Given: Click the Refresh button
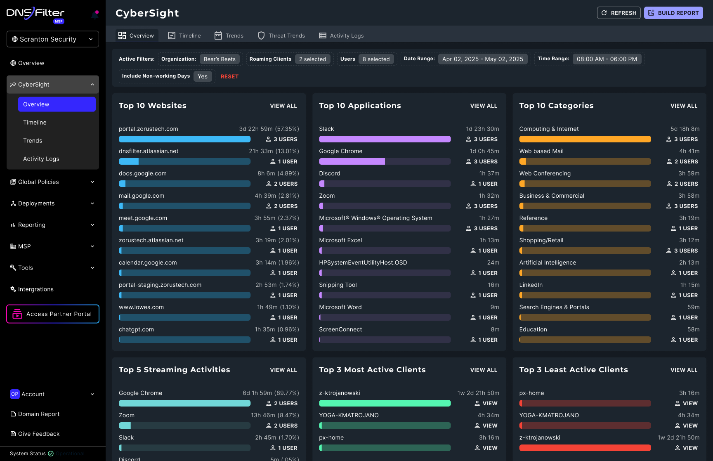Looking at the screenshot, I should pyautogui.click(x=619, y=13).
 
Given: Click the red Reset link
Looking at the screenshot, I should pyautogui.click(x=229, y=76).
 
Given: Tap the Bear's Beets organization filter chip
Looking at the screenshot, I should pyautogui.click(x=220, y=59).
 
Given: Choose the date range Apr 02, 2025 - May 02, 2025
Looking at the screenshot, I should pyautogui.click(x=482, y=59).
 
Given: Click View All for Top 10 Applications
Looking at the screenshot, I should pyautogui.click(x=484, y=106).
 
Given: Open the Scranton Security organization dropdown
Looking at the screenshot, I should pyautogui.click(x=53, y=39).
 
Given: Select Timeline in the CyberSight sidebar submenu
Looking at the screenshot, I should pyautogui.click(x=35, y=123).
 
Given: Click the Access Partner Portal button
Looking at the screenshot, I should pyautogui.click(x=53, y=314).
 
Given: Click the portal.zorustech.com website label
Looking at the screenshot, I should pyautogui.click(x=149, y=129).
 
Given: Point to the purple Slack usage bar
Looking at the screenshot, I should pyautogui.click(x=385, y=139).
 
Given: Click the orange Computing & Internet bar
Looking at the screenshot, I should pyautogui.click(x=585, y=139).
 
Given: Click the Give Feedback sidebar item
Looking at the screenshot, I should pyautogui.click(x=39, y=434).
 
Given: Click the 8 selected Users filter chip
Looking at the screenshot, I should pyautogui.click(x=376, y=59).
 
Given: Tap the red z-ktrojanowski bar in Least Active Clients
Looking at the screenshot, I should pyautogui.click(x=585, y=448).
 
